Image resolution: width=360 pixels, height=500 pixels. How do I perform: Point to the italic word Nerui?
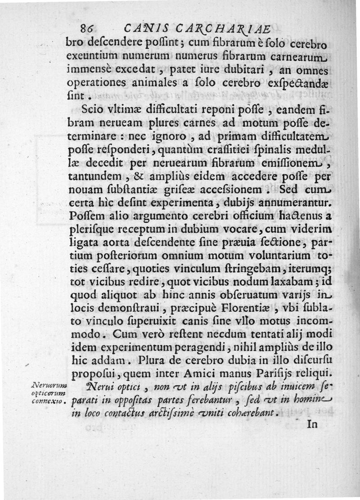point(97,386)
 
